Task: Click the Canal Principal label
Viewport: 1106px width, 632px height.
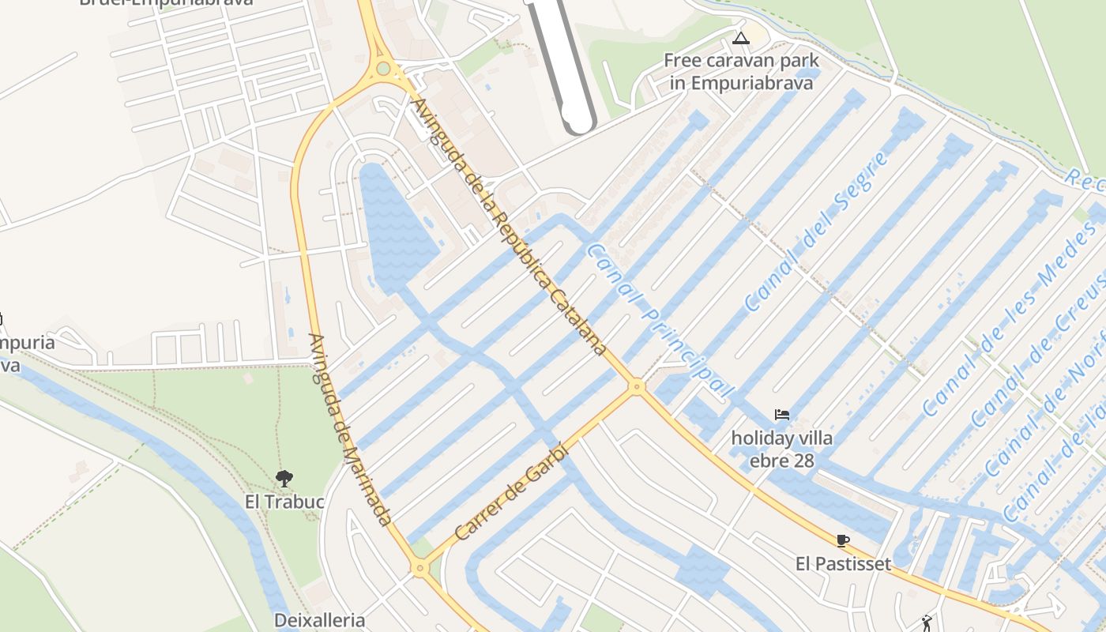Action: pos(660,320)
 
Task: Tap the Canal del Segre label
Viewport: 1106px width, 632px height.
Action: pos(817,231)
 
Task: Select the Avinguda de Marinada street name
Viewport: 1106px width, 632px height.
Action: pos(349,430)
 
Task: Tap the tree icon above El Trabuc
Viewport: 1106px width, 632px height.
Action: pos(284,478)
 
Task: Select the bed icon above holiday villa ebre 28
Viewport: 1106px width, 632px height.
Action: pos(781,415)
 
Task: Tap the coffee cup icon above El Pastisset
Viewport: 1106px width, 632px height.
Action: pos(843,541)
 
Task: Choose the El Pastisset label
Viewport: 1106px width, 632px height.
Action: pos(843,563)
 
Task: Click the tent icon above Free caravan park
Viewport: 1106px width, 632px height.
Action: pos(740,38)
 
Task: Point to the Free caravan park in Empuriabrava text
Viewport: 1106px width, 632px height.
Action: pos(741,71)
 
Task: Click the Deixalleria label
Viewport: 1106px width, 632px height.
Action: pos(319,620)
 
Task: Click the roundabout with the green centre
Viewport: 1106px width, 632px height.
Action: pos(383,69)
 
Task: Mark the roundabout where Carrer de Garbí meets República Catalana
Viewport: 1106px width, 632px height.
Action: pos(636,386)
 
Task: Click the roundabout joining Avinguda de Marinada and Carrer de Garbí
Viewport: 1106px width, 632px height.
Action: pos(419,567)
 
